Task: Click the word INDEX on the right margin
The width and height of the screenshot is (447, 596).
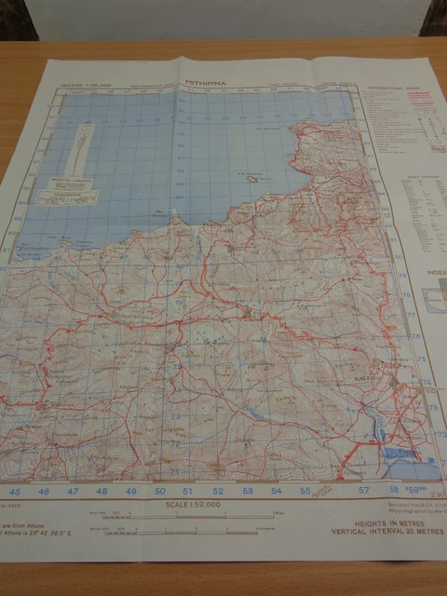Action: [434, 273]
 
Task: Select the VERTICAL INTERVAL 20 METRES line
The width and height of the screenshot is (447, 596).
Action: [376, 535]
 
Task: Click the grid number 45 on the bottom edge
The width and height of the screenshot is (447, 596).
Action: [14, 490]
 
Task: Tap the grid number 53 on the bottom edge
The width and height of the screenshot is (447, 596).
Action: [247, 490]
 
